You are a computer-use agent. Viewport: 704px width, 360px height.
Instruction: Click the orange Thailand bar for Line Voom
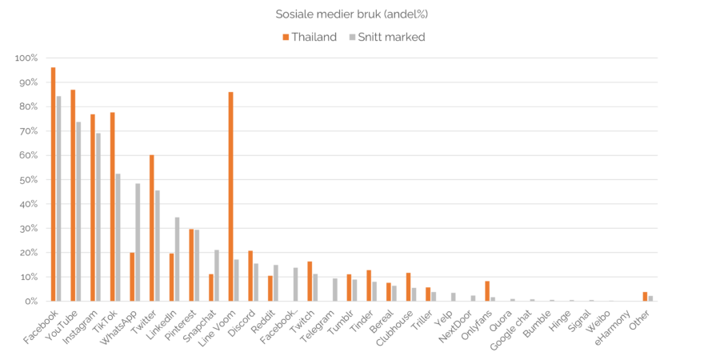click(230, 196)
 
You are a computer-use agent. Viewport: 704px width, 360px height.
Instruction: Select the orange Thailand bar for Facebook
click(53, 184)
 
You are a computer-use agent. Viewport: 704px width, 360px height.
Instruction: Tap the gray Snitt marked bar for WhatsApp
click(138, 242)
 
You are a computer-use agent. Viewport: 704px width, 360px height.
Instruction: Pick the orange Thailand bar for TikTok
click(112, 206)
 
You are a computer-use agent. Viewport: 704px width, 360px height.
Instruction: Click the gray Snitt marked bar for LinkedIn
click(178, 259)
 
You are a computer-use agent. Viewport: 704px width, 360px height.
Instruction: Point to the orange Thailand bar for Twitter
click(152, 228)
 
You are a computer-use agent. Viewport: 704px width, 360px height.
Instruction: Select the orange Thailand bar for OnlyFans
click(487, 291)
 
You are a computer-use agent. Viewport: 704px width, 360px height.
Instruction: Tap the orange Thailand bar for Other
click(645, 297)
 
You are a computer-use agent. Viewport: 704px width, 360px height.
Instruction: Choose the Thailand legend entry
click(310, 37)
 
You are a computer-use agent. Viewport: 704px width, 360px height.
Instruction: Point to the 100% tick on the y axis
click(26, 58)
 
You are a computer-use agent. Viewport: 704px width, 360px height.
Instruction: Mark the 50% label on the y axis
click(28, 180)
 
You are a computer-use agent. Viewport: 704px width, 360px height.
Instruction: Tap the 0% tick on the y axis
click(30, 302)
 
